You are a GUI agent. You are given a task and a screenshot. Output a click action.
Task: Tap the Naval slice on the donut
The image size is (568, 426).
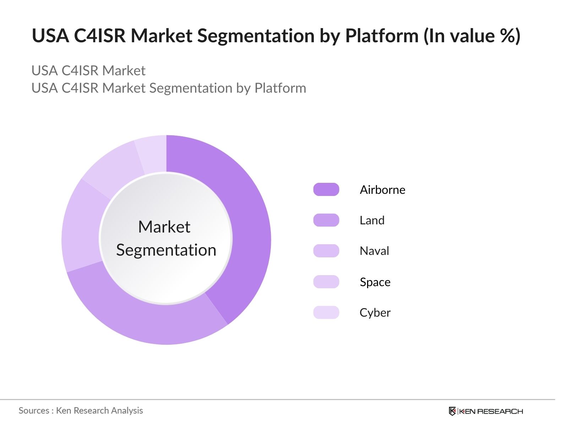[81, 227]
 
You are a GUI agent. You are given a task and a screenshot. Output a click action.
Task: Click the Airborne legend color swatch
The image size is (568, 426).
[326, 190]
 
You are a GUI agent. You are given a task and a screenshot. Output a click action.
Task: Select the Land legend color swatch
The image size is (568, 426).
[326, 220]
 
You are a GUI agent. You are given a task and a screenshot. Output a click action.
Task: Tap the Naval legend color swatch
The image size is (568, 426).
[326, 251]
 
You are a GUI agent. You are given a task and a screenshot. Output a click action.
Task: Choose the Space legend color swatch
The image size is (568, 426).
[326, 282]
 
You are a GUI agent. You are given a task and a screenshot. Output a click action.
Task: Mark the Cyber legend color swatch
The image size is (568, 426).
[326, 312]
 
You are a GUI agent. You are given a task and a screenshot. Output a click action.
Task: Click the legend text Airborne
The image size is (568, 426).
[382, 190]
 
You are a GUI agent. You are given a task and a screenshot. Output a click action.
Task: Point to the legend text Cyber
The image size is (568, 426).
[375, 312]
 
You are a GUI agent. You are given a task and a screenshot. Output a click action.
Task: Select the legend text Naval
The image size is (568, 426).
[374, 251]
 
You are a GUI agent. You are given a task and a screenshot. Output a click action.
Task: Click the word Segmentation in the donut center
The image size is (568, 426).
[166, 250]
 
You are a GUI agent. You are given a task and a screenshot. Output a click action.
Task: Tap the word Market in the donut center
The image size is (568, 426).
[164, 227]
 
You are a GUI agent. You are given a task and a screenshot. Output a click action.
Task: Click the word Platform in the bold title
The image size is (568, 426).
[382, 35]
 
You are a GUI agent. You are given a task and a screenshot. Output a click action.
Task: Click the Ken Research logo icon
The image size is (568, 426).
[452, 411]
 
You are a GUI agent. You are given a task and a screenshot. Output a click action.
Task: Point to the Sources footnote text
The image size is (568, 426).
[81, 410]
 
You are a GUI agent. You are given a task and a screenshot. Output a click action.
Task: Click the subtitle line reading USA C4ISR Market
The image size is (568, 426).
[88, 71]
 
